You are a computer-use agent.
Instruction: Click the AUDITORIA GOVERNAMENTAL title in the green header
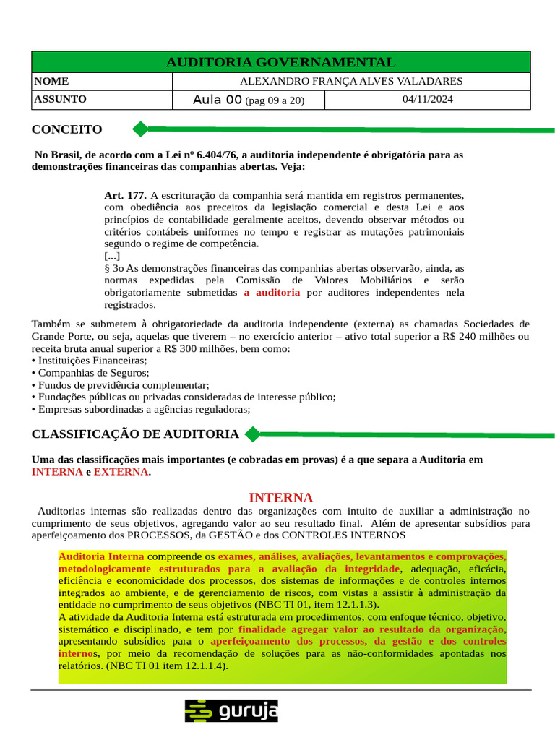pos(280,62)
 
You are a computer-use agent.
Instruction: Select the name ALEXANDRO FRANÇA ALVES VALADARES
pos(351,82)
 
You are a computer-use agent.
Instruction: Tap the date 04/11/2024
pos(428,100)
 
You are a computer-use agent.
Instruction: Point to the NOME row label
pos(51,82)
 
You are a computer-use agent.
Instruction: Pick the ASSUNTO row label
pos(60,99)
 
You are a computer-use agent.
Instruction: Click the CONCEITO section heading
pos(67,129)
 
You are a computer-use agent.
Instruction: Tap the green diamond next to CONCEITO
pos(140,129)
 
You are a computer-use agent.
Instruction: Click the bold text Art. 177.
pos(125,195)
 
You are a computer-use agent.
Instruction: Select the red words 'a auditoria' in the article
pos(272,293)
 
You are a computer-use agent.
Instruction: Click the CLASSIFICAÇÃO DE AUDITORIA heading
pos(135,434)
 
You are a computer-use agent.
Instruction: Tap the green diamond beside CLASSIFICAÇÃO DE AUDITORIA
pos(252,434)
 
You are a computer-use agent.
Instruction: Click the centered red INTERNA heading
pos(280,498)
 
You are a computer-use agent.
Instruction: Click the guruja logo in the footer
pos(231,710)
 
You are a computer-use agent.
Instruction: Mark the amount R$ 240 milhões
pos(479,336)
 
